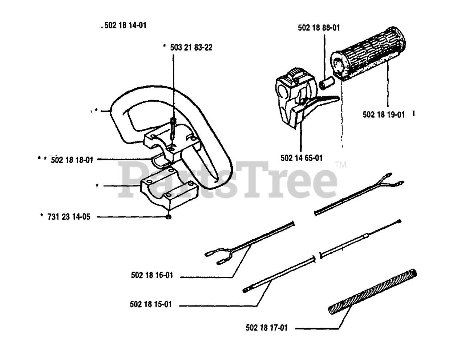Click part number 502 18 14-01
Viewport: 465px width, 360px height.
tap(125, 26)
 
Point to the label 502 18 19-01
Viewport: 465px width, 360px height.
tap(383, 115)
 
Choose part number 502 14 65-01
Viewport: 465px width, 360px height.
tap(301, 158)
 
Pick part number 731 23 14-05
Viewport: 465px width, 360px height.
tap(69, 217)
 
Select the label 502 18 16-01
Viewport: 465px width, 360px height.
tap(151, 276)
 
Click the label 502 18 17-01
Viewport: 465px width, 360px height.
tap(266, 328)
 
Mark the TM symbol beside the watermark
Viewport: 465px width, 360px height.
tap(341, 165)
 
